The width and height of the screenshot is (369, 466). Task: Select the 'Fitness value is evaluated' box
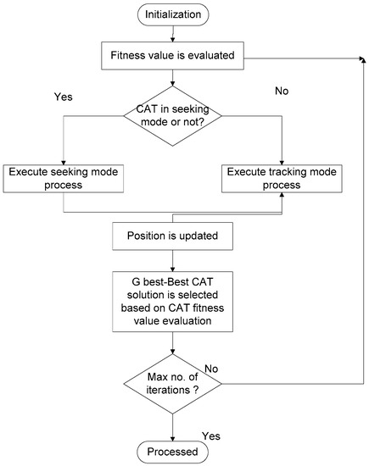coord(173,56)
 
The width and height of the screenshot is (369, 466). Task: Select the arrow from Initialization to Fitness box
coord(173,36)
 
